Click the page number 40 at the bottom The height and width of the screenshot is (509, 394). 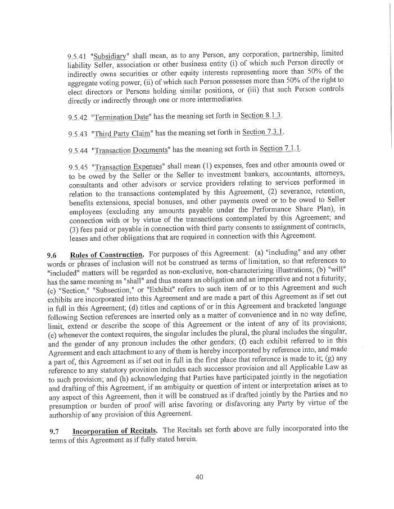tap(198, 477)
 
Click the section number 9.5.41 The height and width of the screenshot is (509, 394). tap(77, 57)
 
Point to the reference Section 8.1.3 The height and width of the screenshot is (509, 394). tap(261, 116)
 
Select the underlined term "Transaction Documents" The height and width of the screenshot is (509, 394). tap(132, 150)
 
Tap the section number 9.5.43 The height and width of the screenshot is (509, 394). tap(77, 134)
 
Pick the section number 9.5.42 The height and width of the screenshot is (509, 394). tap(77, 117)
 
